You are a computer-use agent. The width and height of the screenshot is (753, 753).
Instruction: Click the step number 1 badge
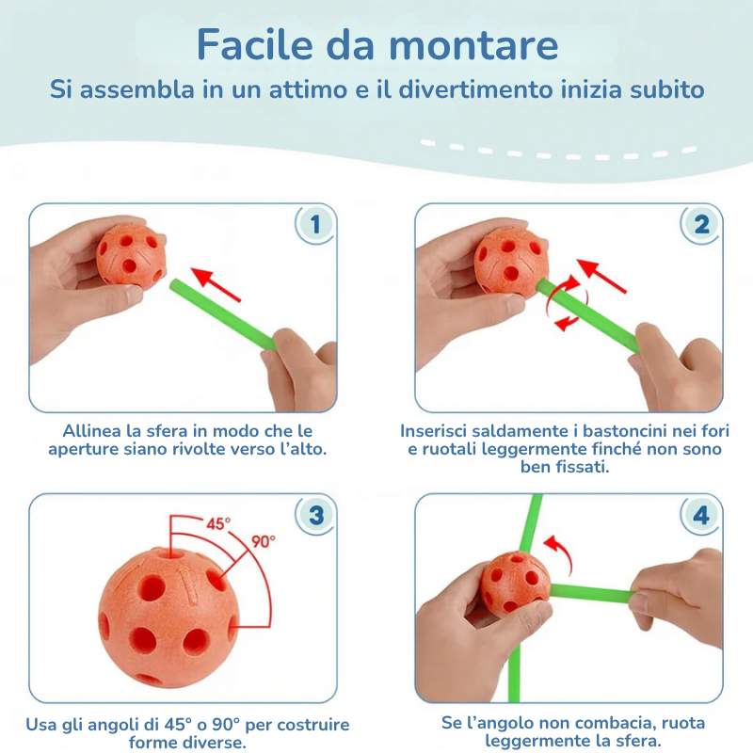tap(315, 225)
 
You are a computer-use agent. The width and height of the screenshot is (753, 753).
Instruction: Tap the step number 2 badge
tap(701, 225)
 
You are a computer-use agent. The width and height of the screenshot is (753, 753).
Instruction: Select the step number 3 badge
tap(315, 515)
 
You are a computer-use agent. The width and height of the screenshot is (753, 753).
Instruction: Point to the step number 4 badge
tap(701, 515)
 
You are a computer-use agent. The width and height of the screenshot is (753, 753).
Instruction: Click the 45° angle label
tap(217, 524)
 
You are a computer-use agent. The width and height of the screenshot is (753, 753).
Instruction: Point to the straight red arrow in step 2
tap(602, 276)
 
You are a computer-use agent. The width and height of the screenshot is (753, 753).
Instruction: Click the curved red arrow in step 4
tap(559, 553)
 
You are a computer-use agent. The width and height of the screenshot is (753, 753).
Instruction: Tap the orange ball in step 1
tap(132, 255)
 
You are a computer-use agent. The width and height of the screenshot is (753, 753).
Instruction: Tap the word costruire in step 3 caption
tap(311, 725)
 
